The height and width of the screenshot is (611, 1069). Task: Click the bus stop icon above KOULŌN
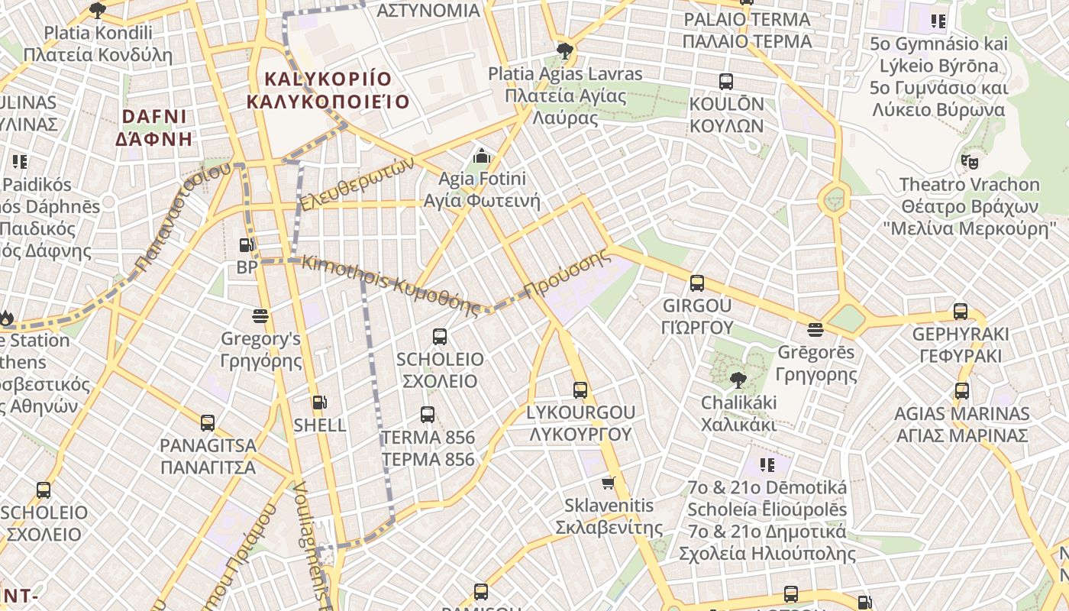(x=725, y=81)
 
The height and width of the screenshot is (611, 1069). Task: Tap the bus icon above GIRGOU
(x=696, y=283)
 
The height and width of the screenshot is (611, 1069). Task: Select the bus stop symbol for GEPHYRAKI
(x=961, y=312)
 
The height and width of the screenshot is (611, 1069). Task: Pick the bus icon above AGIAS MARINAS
(x=962, y=391)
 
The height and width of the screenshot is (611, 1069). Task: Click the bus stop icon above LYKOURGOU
(x=580, y=390)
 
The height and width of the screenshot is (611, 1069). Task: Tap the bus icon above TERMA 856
(x=428, y=415)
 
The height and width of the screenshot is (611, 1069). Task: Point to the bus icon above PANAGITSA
(x=207, y=422)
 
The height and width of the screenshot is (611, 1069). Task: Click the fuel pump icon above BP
(x=247, y=245)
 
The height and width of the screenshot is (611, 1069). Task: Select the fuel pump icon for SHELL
(x=319, y=402)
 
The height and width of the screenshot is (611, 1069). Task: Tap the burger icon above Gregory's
(x=260, y=315)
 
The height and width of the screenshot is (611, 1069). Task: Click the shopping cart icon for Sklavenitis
(x=609, y=483)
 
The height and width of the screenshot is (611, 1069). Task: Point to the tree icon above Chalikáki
(x=738, y=380)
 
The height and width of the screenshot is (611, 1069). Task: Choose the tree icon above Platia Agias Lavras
(x=565, y=51)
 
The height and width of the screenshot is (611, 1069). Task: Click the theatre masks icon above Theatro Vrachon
(x=970, y=161)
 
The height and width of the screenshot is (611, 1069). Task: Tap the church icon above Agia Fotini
(x=481, y=157)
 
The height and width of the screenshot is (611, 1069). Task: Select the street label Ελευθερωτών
(x=357, y=184)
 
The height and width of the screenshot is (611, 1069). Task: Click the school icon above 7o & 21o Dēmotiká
(x=767, y=464)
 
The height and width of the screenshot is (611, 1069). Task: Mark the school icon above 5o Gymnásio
(x=938, y=21)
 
